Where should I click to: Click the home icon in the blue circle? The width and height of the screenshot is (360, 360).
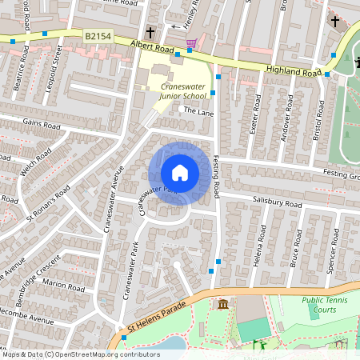tap(180, 173)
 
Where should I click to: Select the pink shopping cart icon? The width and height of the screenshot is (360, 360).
tap(191, 42)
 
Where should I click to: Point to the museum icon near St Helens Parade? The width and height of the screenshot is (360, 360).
tap(222, 305)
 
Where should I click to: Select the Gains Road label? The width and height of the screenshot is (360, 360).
tap(42, 126)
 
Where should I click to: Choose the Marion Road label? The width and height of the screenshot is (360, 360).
tap(65, 286)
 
